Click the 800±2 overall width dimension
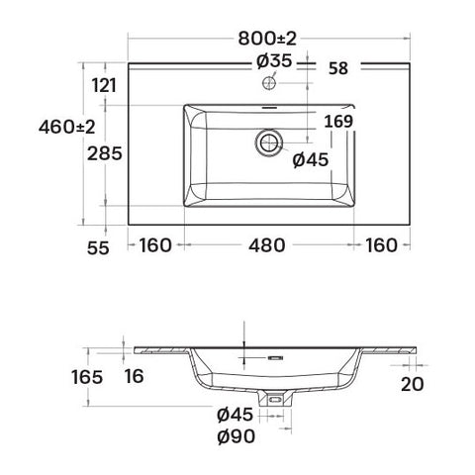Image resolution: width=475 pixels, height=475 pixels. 267,39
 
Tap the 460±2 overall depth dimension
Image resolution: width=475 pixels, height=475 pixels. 67,127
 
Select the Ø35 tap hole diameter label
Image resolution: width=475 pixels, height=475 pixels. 274,61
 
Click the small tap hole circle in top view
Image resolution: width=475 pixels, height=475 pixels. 269,82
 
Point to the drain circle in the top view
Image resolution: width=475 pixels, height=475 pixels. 269,142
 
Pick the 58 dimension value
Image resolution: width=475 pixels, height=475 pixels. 338,68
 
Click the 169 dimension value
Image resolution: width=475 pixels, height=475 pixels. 338,122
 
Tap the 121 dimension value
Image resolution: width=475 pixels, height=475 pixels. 104,86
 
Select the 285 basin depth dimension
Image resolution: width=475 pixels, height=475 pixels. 105,153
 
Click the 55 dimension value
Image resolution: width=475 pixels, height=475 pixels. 98,248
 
